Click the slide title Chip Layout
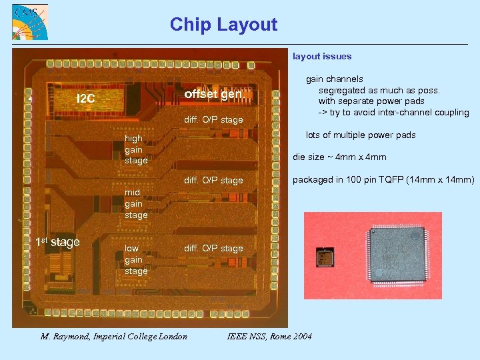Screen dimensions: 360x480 (223, 25)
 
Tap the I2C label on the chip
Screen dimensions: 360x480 (86, 99)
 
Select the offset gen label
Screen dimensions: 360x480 (213, 94)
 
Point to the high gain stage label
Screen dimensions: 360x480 (136, 149)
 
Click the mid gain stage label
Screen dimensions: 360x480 (136, 204)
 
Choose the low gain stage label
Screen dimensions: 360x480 (136, 259)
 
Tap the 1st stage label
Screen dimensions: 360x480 (57, 242)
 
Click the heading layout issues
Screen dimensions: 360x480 (322, 57)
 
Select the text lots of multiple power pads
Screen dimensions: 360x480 (361, 135)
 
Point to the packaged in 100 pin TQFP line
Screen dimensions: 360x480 (383, 180)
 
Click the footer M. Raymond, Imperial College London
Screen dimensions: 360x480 (114, 336)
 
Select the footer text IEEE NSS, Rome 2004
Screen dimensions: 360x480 (269, 336)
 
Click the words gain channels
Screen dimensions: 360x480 (335, 79)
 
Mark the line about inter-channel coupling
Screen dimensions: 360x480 (393, 112)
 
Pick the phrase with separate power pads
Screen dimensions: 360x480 (371, 101)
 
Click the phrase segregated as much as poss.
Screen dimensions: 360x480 (379, 90)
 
